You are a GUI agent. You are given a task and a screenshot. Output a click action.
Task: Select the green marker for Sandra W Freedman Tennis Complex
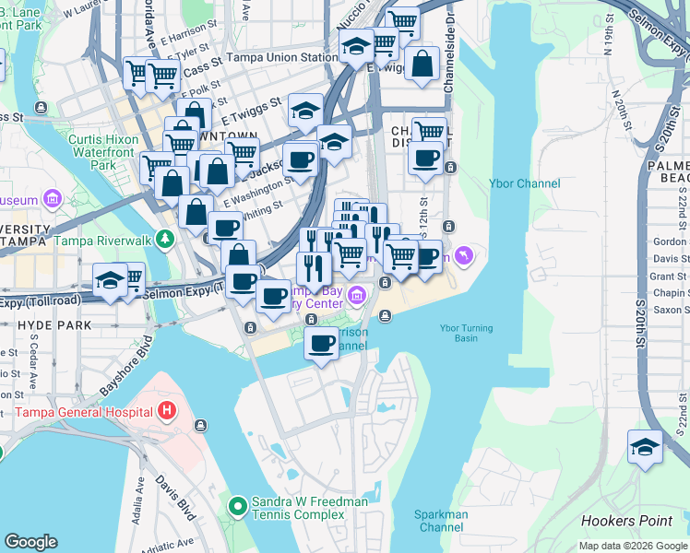point(237,506)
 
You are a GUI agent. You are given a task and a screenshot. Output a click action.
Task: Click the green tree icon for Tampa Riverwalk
point(165,240)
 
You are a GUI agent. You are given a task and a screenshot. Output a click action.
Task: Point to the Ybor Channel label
point(524,183)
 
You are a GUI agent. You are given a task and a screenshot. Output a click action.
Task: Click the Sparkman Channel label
point(443,521)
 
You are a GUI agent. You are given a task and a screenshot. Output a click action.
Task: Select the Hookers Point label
point(627,521)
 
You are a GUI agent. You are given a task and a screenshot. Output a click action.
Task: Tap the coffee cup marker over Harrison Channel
point(321,344)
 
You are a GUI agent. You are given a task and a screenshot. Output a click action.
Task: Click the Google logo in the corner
point(30,542)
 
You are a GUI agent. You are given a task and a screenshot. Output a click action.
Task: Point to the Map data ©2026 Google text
point(632,546)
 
